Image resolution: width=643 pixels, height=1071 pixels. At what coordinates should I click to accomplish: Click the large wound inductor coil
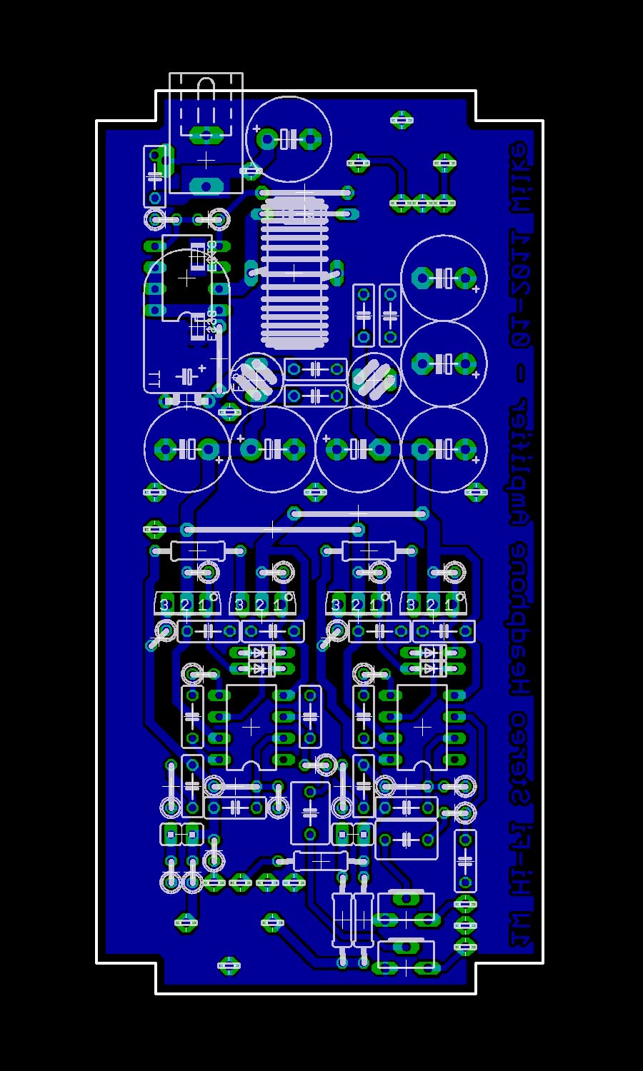coord(294,272)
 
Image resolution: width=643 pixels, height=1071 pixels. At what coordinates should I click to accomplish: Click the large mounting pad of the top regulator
coord(206,185)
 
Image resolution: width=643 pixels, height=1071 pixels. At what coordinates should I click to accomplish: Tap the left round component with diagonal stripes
coord(255,378)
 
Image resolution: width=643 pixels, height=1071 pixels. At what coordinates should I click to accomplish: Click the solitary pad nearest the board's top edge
coord(402,119)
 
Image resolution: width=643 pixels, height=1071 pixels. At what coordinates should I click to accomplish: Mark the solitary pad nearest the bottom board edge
coord(229,965)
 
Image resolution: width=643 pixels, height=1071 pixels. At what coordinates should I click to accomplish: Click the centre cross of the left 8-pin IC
coord(251,727)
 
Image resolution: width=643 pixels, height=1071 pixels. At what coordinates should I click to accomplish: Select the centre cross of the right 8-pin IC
coord(422,727)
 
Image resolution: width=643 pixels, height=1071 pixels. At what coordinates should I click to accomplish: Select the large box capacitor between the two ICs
coord(310,813)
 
